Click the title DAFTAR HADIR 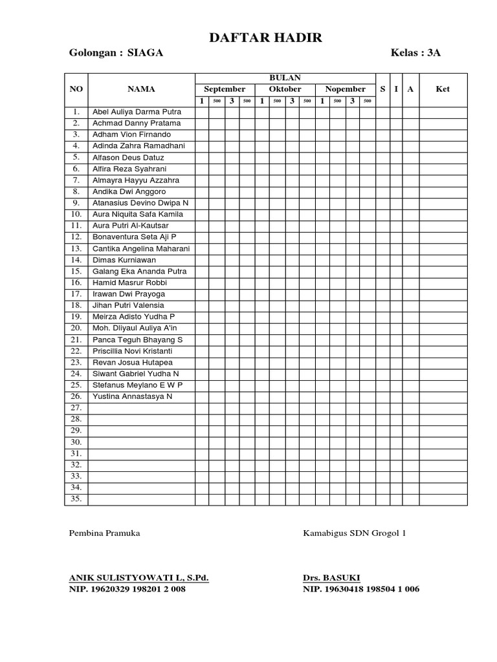(265, 39)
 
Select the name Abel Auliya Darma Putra (137, 111)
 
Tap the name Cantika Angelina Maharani (141, 248)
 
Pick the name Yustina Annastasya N (132, 396)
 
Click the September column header (225, 89)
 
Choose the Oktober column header (285, 89)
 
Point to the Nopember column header (345, 89)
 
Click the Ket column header (443, 89)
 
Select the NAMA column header (141, 89)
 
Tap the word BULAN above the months (285, 78)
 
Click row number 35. (76, 499)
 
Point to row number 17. (76, 294)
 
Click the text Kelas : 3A (415, 53)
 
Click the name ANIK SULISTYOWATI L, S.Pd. (138, 577)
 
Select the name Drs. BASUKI (331, 577)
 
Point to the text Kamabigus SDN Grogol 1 (355, 533)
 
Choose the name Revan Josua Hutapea (133, 362)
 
